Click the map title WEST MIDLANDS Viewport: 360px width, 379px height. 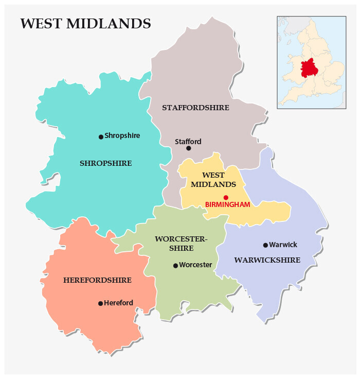[85, 24]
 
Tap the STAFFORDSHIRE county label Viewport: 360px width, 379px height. [195, 108]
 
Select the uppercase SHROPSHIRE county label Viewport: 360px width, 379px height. [106, 163]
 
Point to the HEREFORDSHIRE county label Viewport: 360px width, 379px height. [97, 280]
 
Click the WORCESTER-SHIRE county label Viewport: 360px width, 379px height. [181, 244]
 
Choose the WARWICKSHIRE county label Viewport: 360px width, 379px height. [267, 260]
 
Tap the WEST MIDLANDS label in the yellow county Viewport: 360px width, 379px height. [213, 180]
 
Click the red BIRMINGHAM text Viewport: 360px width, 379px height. [227, 204]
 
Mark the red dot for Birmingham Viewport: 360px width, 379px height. [226, 197]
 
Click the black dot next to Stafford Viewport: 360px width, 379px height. [188, 148]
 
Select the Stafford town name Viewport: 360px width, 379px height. [188, 141]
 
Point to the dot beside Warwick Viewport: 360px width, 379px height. [265, 245]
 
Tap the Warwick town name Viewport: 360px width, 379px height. [283, 245]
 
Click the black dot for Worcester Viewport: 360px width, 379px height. [175, 266]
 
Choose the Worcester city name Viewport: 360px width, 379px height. [195, 265]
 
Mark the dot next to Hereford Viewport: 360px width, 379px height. [100, 303]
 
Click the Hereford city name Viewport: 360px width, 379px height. [118, 303]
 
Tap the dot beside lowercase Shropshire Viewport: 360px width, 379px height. [101, 136]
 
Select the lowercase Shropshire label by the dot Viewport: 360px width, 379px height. [122, 136]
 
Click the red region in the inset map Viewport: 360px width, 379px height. [309, 67]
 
